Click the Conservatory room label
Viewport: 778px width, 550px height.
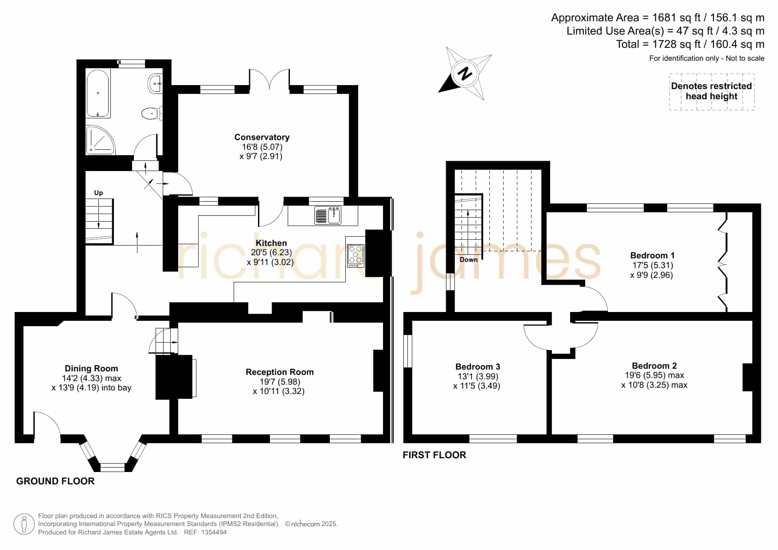pos(262,137)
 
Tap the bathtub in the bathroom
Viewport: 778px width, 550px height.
pos(98,93)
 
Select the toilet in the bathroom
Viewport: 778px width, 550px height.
pos(151,113)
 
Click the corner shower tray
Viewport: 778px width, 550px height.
pos(100,140)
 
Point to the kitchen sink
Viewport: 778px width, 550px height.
pos(328,215)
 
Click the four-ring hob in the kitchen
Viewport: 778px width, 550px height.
pos(356,255)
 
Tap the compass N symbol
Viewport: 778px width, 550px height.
pos(465,73)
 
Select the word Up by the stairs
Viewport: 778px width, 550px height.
pos(98,193)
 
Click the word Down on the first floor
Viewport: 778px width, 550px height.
pos(469,260)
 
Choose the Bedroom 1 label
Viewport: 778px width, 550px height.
pos(652,256)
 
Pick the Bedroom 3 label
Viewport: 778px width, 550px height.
pos(477,367)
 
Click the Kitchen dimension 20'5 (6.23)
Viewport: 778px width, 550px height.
pos(271,253)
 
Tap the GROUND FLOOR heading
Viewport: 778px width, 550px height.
pos(55,481)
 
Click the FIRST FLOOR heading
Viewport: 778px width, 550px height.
pos(434,455)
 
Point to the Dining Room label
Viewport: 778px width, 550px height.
pos(91,369)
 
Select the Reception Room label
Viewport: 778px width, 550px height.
pos(280,372)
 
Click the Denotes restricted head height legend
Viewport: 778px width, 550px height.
pos(712,91)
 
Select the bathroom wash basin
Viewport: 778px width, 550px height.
pos(156,83)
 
